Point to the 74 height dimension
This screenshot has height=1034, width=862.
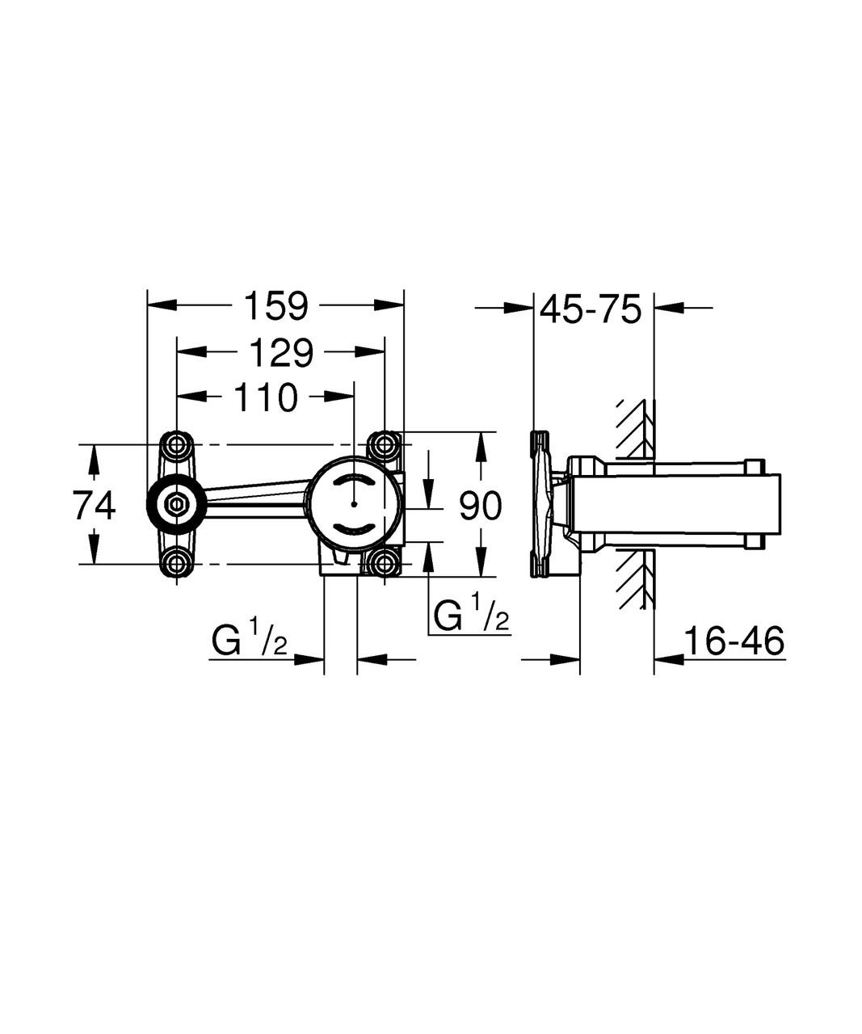pos(95,506)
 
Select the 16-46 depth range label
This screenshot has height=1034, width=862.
pos(734,642)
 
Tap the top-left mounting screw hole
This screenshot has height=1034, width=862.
pos(176,444)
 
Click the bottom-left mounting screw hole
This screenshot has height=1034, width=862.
pos(176,563)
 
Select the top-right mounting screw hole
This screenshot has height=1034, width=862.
pos(384,444)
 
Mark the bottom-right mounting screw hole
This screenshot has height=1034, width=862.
pos(384,563)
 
